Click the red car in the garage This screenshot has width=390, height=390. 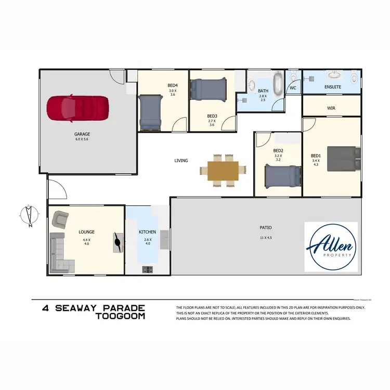point(78,108)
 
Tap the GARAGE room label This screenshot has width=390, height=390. point(82,134)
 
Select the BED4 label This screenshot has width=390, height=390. point(173,85)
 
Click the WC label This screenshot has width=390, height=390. point(293,88)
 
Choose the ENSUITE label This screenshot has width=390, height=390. point(332,87)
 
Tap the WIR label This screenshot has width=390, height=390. point(331,109)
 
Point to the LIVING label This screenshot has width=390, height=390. point(181,161)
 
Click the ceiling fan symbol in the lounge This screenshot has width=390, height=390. point(118,242)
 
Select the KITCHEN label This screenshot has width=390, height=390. point(147,232)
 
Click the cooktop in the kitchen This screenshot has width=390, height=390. point(147,269)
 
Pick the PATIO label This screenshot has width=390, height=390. point(266,227)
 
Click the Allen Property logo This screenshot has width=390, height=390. point(331,248)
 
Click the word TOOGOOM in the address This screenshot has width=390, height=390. point(121,316)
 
